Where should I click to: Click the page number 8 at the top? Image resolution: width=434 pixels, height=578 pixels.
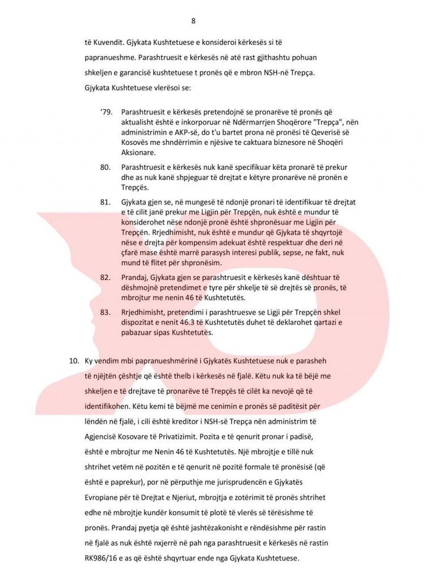[x=193, y=21]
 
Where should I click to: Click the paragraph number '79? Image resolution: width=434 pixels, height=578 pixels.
[x=106, y=112]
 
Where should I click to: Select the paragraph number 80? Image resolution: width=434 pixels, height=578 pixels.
[x=105, y=167]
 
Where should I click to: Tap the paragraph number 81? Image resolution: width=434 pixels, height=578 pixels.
[x=105, y=202]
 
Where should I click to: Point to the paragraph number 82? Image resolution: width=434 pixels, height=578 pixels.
[x=105, y=277]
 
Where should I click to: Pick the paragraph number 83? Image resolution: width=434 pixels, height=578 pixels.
[x=105, y=312]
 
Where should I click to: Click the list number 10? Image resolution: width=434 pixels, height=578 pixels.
[x=74, y=361]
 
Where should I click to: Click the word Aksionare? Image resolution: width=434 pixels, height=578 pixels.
[x=138, y=153]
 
